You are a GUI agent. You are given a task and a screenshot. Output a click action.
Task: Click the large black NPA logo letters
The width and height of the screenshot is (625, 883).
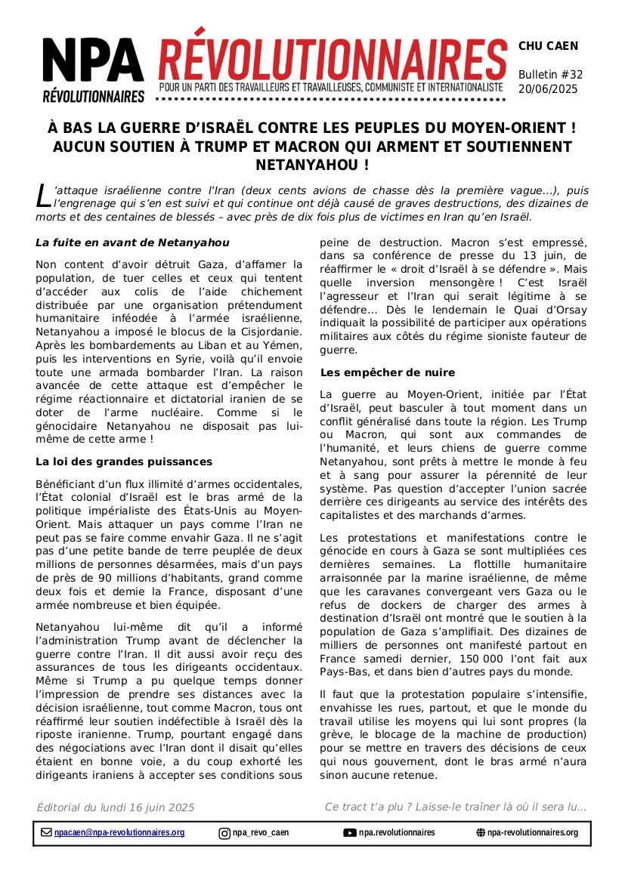point(93,62)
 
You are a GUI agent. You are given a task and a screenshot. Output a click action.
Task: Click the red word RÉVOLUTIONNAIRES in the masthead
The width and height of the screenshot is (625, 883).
point(333,55)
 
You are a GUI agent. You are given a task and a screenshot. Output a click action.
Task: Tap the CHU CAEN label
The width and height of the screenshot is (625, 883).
point(548,46)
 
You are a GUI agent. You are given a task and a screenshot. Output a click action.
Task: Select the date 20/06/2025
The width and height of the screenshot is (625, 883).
point(547,89)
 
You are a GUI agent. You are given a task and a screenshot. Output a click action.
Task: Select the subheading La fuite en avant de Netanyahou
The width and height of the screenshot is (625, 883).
point(132,242)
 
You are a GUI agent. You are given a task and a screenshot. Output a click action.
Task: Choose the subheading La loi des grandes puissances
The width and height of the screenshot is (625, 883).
point(124,462)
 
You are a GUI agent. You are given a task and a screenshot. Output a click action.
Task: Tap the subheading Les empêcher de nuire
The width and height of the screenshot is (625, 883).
point(388,372)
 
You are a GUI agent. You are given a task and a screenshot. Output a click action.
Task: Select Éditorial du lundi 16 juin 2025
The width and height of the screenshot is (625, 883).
point(116,807)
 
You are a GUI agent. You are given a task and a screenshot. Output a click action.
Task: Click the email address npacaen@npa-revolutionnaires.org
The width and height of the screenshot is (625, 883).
point(119,832)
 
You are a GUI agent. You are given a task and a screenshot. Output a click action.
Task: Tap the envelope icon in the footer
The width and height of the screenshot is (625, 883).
point(46,832)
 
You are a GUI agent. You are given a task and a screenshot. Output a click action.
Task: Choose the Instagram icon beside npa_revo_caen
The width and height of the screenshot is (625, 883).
point(224,833)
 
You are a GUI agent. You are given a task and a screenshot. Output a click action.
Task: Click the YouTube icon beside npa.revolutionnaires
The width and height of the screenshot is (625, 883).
point(350,832)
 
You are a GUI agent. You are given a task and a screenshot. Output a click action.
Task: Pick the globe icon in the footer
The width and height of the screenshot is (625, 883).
point(481,832)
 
